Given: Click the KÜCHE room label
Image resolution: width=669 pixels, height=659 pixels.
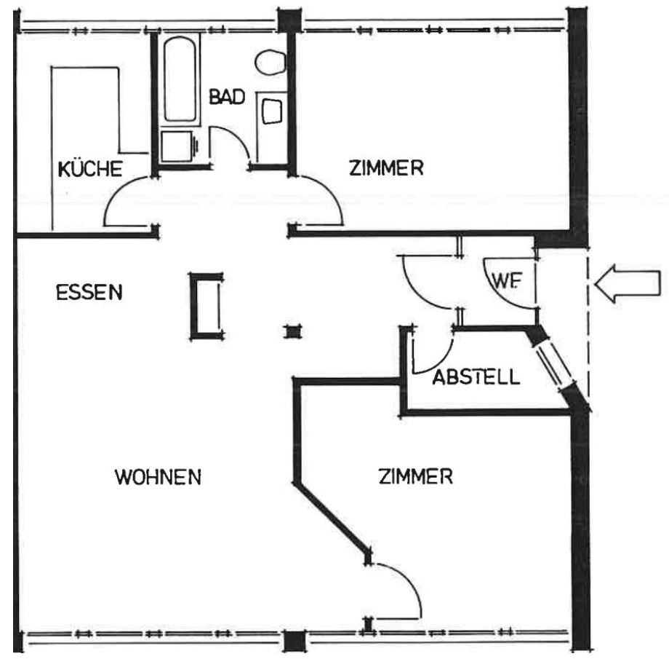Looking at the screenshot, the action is [x=90, y=168].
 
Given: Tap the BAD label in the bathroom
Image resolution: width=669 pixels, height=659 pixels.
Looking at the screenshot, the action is [x=227, y=97].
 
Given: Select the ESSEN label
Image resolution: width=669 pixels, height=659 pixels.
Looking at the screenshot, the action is [x=89, y=292].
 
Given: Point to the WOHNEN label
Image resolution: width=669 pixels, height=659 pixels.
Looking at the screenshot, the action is [x=158, y=476].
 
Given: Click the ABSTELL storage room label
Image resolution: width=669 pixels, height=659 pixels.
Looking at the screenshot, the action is [x=476, y=377].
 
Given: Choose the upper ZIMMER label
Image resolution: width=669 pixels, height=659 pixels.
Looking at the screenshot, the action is [x=386, y=167].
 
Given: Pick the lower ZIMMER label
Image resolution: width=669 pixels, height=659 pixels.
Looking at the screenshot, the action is [x=415, y=476].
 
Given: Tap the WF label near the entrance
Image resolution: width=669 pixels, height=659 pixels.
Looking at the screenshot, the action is [x=506, y=281].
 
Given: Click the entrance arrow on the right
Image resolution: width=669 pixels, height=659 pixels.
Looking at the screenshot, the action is [x=627, y=283].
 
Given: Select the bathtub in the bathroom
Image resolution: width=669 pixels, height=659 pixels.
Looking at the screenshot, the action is [x=180, y=79].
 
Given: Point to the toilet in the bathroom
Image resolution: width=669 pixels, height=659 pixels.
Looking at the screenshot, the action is [x=271, y=63].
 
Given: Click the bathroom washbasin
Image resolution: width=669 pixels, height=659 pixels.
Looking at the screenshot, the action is [x=271, y=111].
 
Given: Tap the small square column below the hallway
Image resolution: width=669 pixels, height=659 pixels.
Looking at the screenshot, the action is [x=292, y=331].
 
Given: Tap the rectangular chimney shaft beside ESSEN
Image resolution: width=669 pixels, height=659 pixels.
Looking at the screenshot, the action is [x=207, y=307].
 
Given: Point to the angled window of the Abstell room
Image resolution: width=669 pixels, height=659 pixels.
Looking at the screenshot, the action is [x=554, y=363].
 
